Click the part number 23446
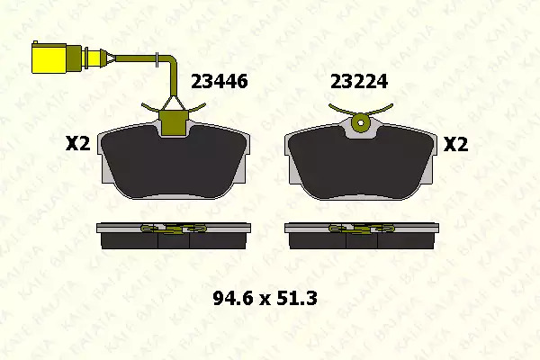[x=219, y=82]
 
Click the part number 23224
[x=359, y=82]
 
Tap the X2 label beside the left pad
[x=77, y=144]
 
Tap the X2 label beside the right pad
[x=455, y=144]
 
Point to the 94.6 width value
[x=234, y=298]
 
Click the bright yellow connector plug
[x=49, y=58]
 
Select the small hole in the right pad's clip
[x=361, y=122]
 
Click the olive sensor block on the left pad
[x=174, y=122]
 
